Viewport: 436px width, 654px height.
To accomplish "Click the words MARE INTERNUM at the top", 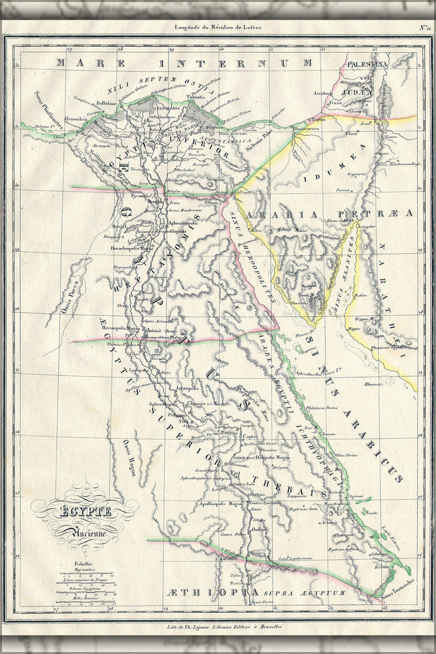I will coord(184,63).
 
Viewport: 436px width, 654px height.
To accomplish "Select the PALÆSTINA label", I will coord(368,65).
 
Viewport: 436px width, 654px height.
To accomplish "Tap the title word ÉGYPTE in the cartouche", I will coord(85,511).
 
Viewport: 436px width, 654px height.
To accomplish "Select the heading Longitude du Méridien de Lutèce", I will coord(218,27).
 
